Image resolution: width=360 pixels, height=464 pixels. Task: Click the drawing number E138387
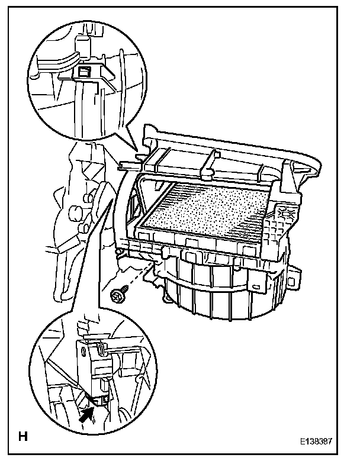(x=324, y=442)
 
